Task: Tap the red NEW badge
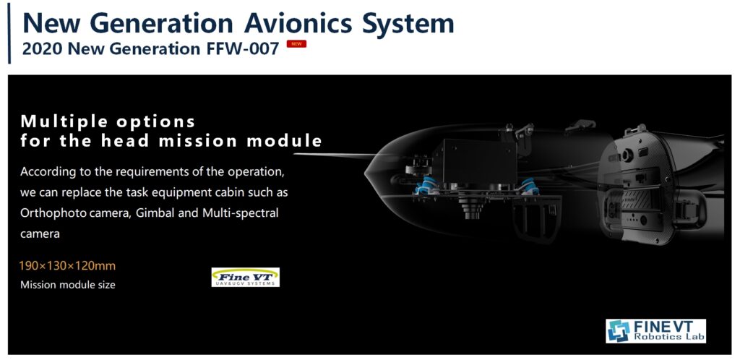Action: (x=296, y=44)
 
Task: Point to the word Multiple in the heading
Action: (x=64, y=122)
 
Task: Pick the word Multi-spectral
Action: (x=240, y=213)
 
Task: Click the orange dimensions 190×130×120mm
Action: (x=67, y=266)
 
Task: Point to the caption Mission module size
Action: (x=67, y=285)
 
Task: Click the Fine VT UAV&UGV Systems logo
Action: (x=246, y=277)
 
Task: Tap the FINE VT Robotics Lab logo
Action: (x=655, y=331)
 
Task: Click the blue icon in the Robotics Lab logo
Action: (x=619, y=331)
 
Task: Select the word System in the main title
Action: (x=408, y=23)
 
